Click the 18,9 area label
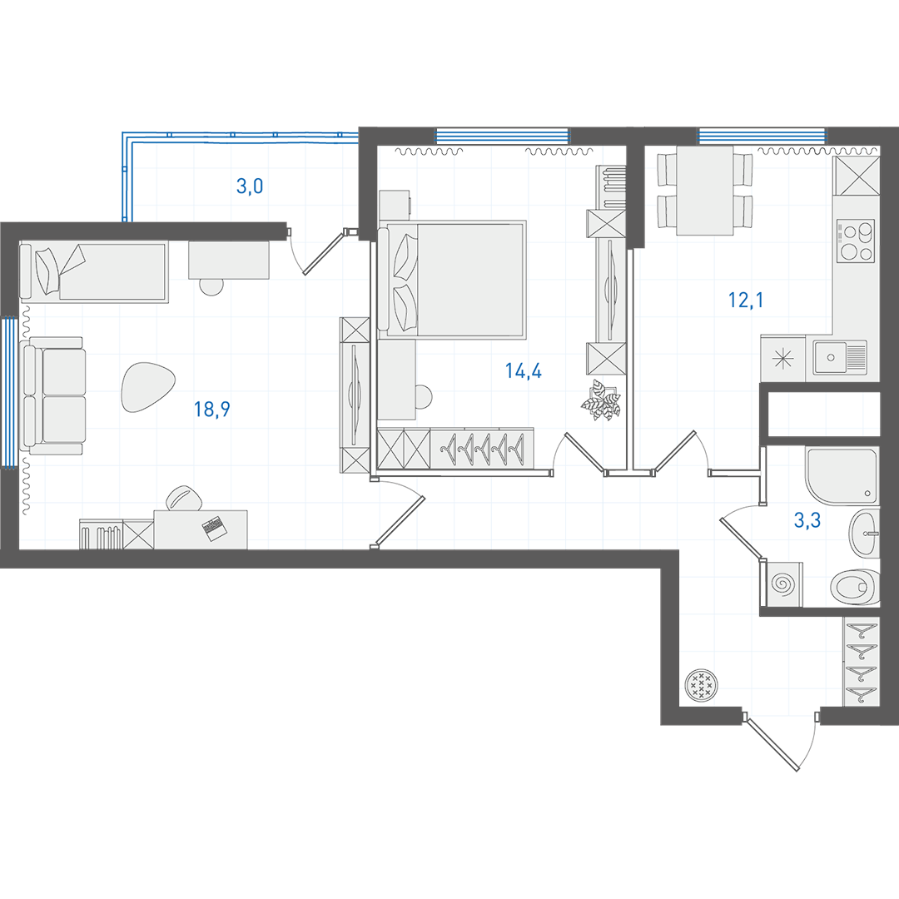211,410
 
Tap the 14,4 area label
523,371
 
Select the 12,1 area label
745,300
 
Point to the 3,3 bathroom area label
807,520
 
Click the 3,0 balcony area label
250,186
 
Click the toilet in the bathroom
855,587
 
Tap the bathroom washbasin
864,534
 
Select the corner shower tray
842,475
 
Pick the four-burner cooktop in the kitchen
856,241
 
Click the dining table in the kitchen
705,191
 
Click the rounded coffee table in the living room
147,387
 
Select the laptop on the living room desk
214,528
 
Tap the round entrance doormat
701,684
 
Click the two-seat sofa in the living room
52,396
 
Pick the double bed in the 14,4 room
452,279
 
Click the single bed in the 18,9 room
94,271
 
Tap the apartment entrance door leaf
772,743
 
